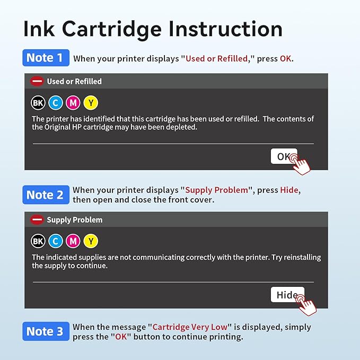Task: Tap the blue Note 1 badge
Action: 46,58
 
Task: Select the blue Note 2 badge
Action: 46,195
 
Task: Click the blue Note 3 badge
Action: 46,331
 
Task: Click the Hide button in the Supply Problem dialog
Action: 287,295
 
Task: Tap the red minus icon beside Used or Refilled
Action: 37,82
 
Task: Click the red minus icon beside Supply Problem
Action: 37,219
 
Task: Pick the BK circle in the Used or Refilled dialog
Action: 38,103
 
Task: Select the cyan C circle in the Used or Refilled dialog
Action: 56,103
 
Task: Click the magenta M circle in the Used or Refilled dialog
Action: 73,103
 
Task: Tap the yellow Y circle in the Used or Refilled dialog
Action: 91,103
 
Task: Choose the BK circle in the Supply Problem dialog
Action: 38,241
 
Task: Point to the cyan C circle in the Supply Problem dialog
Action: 56,241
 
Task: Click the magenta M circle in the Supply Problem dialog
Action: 73,241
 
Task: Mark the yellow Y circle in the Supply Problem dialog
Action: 91,241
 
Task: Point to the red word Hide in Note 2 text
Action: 289,190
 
